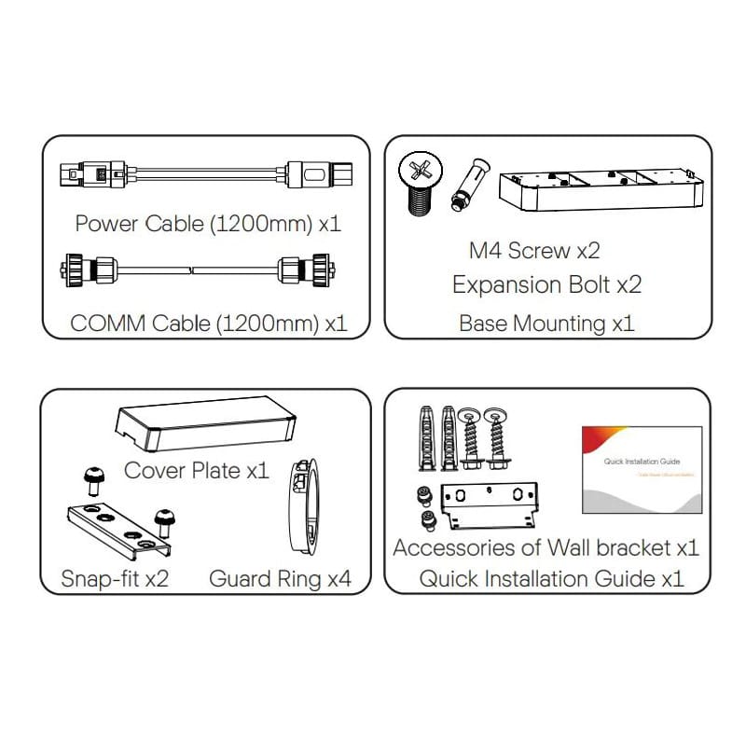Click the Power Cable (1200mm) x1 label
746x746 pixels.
tap(208, 224)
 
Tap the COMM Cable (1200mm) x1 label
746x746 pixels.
tap(208, 324)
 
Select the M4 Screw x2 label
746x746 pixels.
tap(533, 250)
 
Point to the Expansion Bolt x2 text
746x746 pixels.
tap(546, 284)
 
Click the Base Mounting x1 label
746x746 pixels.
tap(546, 324)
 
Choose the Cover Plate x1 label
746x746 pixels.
tap(196, 470)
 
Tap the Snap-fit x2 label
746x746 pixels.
tap(116, 578)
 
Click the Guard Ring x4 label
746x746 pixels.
tap(280, 578)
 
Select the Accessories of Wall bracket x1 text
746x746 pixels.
tap(546, 547)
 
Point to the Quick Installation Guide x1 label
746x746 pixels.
tap(551, 578)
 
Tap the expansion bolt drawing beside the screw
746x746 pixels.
tap(463, 187)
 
